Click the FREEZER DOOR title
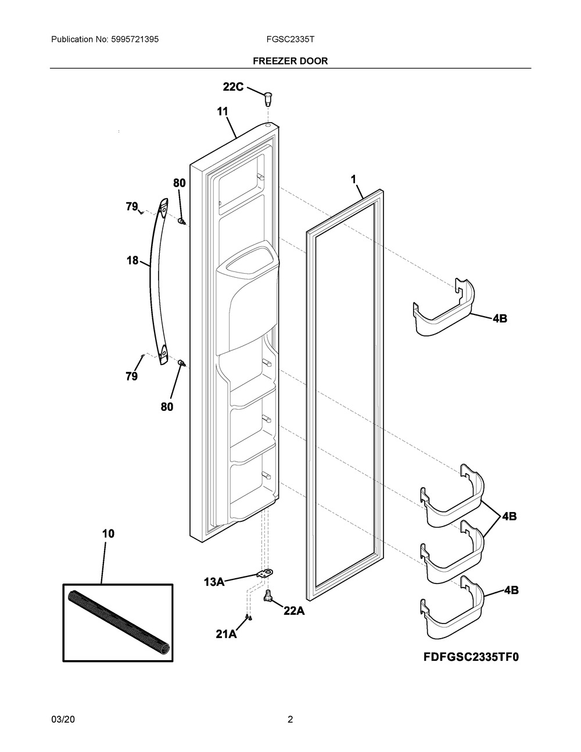coord(290,60)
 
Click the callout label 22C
coord(233,87)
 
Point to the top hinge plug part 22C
coord(268,97)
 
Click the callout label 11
coord(223,112)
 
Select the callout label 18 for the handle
coord(132,260)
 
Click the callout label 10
coord(108,533)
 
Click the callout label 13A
coord(214,581)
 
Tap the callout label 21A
coord(226,635)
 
